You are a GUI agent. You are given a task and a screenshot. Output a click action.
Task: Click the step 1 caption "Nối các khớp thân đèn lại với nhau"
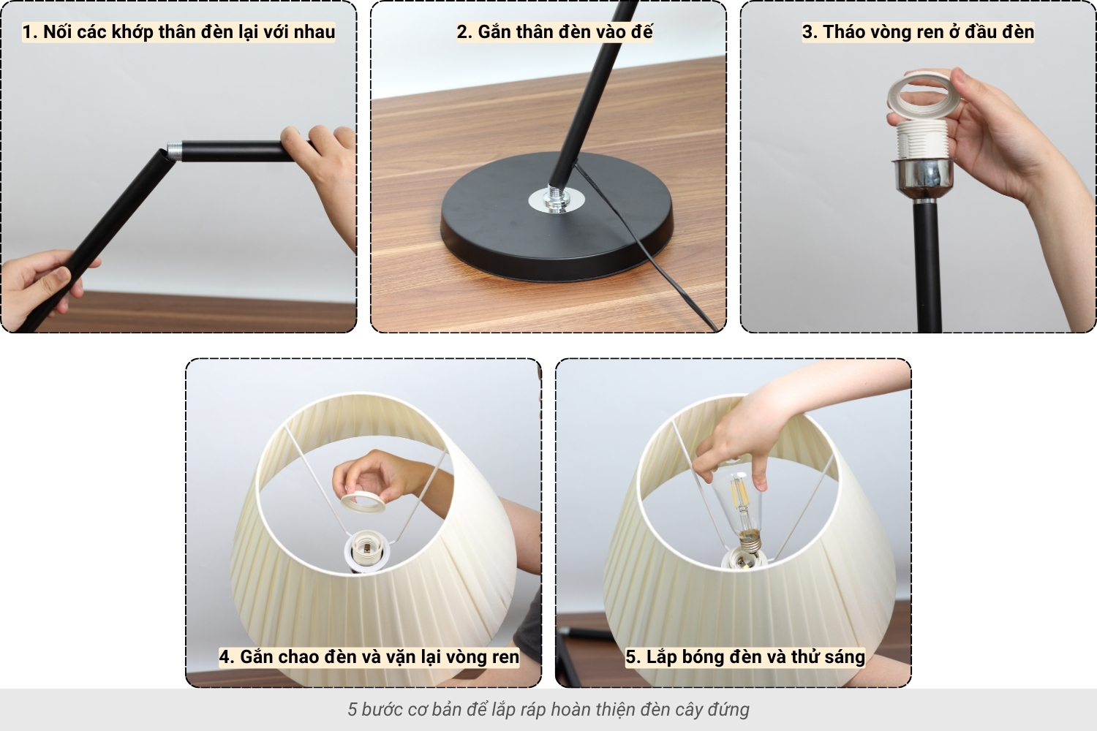click(178, 32)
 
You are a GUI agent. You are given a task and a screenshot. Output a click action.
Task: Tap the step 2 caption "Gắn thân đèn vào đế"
click(554, 32)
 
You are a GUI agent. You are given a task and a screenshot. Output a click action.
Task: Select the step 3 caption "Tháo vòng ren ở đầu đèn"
click(918, 32)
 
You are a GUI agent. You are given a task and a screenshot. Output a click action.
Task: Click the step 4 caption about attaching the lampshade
click(369, 656)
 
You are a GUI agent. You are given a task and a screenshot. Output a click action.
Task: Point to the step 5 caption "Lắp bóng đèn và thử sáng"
click(744, 656)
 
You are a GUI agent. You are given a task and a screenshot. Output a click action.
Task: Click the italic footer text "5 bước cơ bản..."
click(548, 709)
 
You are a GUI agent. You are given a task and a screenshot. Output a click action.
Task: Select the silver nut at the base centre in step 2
click(555, 200)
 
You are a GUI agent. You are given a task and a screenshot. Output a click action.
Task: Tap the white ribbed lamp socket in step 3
click(921, 140)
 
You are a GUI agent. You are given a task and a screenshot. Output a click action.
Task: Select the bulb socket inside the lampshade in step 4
click(365, 550)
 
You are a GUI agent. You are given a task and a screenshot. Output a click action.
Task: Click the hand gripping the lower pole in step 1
click(40, 285)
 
